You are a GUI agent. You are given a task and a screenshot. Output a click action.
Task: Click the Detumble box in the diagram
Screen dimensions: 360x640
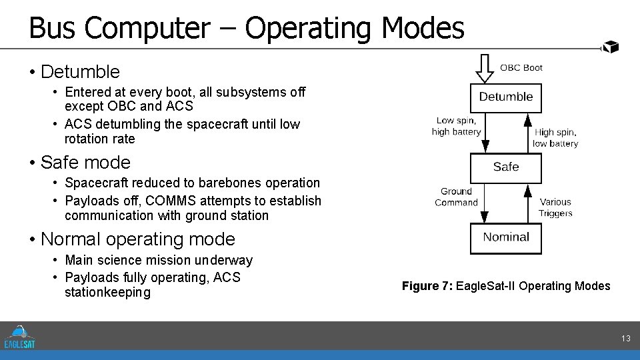click(506, 97)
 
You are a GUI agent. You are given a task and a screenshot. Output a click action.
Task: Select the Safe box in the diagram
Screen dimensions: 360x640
click(506, 167)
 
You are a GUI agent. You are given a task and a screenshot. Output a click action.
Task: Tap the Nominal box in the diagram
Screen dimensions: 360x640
click(506, 237)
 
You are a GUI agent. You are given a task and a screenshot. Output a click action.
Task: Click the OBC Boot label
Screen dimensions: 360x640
click(521, 67)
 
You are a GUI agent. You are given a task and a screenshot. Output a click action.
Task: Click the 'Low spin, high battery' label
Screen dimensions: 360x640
click(456, 126)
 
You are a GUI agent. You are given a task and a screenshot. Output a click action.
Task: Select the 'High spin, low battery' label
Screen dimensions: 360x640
click(555, 138)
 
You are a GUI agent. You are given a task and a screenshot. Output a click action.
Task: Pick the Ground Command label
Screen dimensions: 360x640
click(456, 197)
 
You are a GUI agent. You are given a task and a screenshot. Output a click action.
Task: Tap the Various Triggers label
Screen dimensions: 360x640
click(555, 207)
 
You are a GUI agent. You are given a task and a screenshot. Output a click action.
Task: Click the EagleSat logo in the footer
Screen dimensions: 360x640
click(19, 336)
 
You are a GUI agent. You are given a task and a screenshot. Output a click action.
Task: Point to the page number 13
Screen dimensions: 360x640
click(625, 339)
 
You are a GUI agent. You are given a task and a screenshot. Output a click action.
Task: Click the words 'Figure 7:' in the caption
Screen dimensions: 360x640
click(427, 286)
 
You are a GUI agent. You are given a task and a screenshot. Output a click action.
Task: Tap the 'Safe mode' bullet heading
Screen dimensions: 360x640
click(85, 162)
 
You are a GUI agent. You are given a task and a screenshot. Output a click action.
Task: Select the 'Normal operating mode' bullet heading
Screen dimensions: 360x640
click(137, 239)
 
